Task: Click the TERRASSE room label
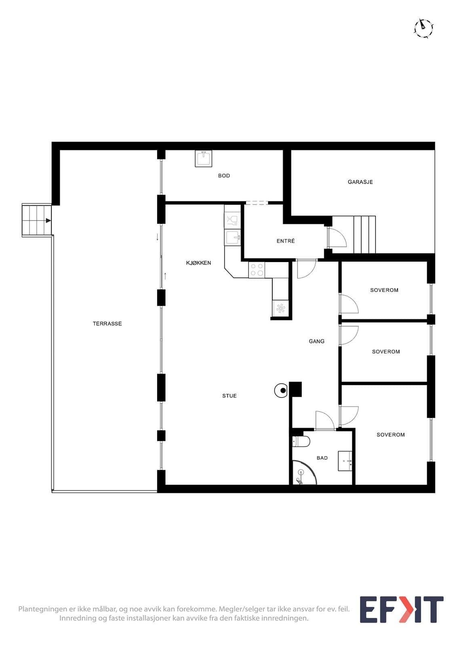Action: click(x=107, y=323)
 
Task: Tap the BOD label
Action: click(x=224, y=175)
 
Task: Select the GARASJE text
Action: click(x=360, y=182)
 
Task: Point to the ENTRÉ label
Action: click(x=286, y=241)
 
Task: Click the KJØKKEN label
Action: click(x=198, y=263)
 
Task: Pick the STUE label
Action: click(x=229, y=396)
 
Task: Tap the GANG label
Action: click(x=316, y=341)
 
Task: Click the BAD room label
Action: click(x=322, y=458)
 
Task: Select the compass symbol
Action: click(x=424, y=28)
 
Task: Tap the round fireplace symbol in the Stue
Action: click(x=281, y=391)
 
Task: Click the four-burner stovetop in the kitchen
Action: click(x=257, y=270)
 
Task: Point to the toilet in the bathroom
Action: click(x=301, y=441)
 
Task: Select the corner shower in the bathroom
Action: click(x=304, y=472)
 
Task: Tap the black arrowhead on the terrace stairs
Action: click(x=48, y=221)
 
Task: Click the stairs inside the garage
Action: click(x=364, y=235)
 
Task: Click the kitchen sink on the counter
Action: click(x=232, y=238)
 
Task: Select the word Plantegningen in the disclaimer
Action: click(x=41, y=609)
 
